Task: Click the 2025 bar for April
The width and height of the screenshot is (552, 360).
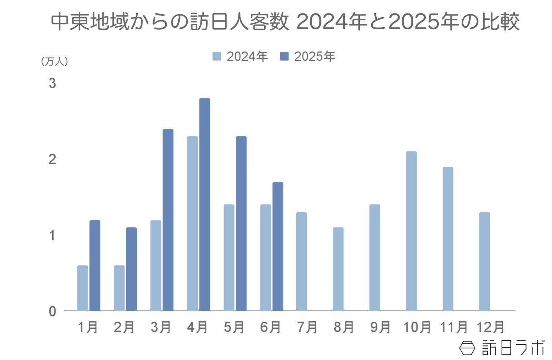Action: point(204,204)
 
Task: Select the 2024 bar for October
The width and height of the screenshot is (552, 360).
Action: point(411,231)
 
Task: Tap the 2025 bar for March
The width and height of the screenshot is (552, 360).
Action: point(168,220)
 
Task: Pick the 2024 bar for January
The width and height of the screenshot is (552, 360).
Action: point(82,288)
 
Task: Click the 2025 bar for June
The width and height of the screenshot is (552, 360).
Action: point(278,246)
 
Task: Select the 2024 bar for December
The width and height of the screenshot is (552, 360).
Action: point(484,261)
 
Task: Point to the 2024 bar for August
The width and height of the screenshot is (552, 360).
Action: point(338,269)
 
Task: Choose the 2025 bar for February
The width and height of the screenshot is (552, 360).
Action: point(131,269)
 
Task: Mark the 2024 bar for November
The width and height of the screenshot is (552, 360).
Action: point(448,239)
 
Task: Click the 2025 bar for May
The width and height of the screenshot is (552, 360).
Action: point(241,223)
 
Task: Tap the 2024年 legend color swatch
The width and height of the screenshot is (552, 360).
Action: point(217,57)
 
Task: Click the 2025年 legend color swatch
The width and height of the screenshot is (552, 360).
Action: point(284,57)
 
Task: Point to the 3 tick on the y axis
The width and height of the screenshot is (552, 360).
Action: point(52,83)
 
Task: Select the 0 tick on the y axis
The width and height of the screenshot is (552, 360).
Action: point(52,311)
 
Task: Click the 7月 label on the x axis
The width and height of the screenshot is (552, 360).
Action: point(307,327)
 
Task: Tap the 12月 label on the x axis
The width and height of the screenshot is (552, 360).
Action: point(490,327)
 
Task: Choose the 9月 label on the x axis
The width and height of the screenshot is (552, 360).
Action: point(380,327)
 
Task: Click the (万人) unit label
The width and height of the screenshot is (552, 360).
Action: point(55,62)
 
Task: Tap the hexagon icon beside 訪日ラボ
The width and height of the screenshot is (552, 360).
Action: point(467,348)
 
